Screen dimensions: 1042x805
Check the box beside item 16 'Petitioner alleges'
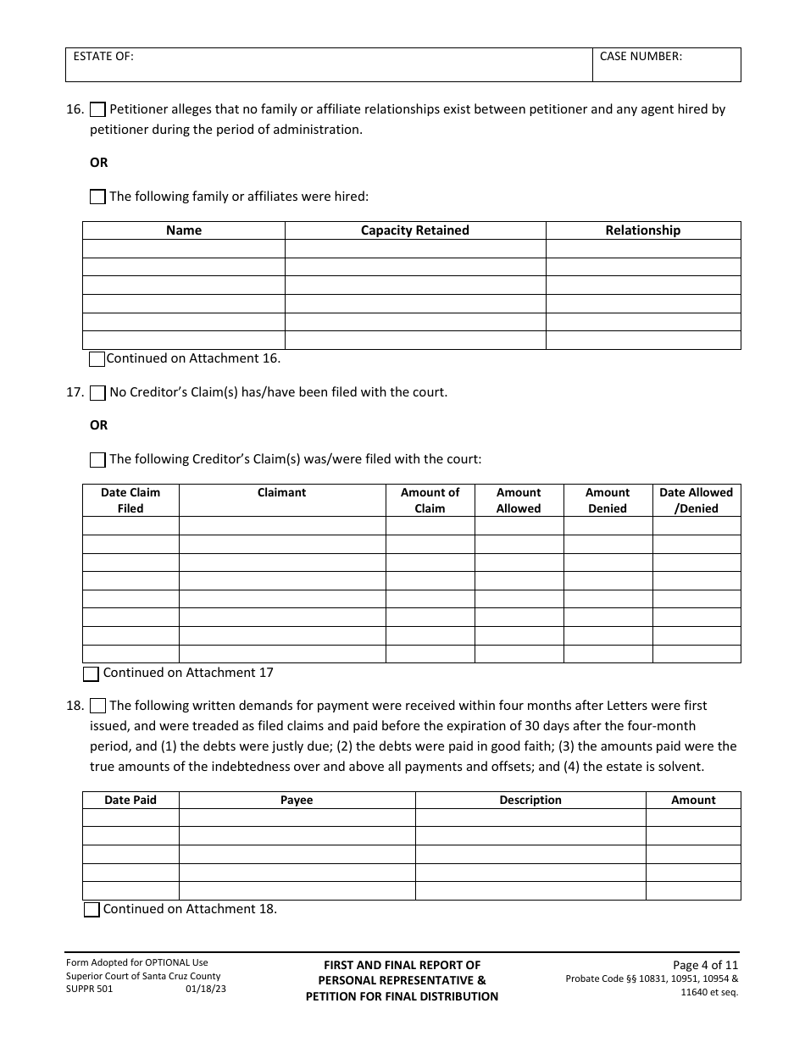point(97,109)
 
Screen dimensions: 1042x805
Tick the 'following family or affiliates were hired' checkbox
point(97,197)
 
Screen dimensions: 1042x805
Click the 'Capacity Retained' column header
point(414,230)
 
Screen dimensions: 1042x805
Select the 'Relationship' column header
point(642,230)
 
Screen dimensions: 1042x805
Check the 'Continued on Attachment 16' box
point(97,358)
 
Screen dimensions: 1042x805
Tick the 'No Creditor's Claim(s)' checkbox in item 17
point(97,392)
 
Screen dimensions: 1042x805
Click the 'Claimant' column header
point(281,492)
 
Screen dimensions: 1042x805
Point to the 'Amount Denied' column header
point(607,500)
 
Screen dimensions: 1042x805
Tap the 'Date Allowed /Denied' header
point(696,500)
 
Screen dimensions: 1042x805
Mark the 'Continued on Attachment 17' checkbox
point(92,673)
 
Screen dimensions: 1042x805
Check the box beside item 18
point(97,706)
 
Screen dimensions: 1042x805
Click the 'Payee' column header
point(297,800)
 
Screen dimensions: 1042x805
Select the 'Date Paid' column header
point(130,800)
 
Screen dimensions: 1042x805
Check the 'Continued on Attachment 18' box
point(92,909)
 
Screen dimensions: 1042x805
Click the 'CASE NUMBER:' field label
point(641,57)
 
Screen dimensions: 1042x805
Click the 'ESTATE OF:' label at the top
point(103,57)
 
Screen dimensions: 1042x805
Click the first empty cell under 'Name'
point(184,248)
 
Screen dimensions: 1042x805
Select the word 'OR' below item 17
point(99,425)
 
